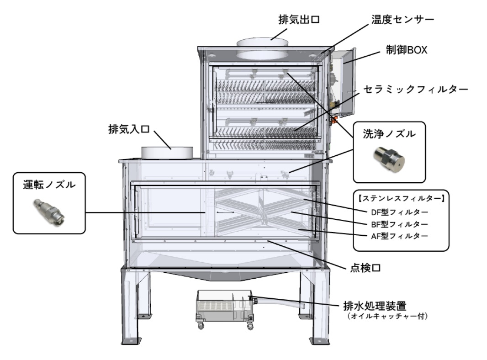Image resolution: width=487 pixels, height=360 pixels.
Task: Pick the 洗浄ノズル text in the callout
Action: click(389, 136)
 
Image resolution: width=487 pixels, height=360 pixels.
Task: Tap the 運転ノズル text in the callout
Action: click(49, 186)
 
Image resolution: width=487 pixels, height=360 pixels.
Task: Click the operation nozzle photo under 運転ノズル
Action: click(49, 211)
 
